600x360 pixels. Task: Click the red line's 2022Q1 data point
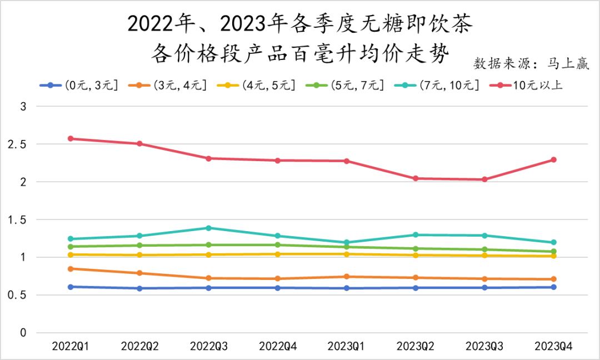[71, 138]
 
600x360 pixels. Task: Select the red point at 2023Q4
[553, 160]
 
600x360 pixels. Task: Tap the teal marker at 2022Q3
[208, 228]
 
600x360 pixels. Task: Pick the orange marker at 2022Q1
[71, 269]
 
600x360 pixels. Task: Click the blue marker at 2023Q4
[553, 287]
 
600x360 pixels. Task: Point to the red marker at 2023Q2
[416, 178]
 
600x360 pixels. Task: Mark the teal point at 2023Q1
[347, 242]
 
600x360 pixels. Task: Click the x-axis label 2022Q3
[208, 346]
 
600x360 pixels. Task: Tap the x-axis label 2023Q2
[416, 346]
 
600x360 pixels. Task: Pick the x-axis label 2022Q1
[71, 346]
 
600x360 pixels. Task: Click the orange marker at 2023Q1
[347, 277]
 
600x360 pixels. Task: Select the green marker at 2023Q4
[553, 252]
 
